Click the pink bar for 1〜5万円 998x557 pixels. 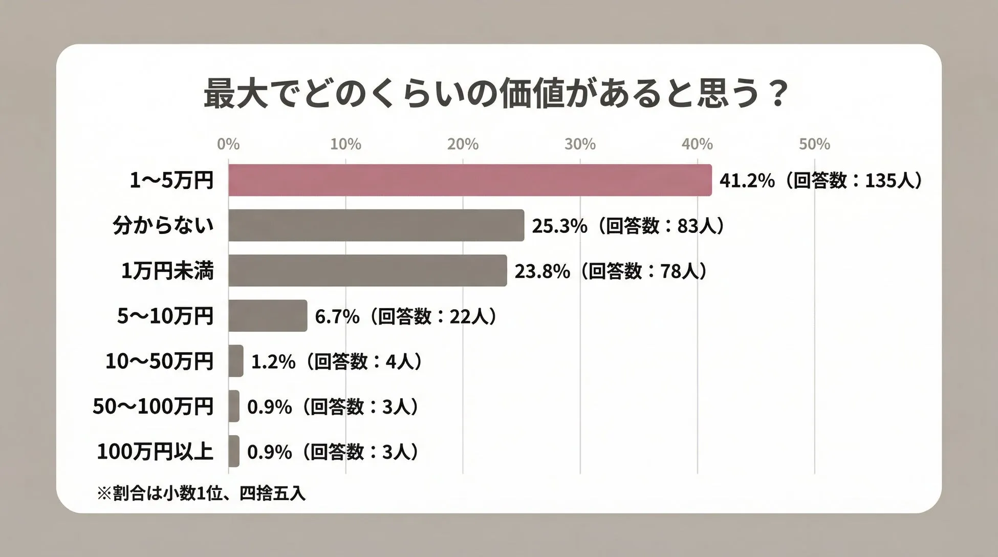(x=470, y=180)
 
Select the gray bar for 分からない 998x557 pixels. (x=376, y=225)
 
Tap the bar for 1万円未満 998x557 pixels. (x=367, y=270)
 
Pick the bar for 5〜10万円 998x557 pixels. (x=268, y=316)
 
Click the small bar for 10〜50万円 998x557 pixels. (x=236, y=361)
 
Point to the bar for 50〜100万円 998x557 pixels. (x=234, y=406)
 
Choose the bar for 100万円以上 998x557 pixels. (x=234, y=451)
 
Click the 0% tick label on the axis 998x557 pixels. (x=228, y=144)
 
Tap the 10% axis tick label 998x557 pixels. (x=345, y=144)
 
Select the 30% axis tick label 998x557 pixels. (x=580, y=144)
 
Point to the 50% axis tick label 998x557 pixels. (x=814, y=144)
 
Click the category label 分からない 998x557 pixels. (x=163, y=225)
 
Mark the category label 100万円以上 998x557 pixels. (x=155, y=452)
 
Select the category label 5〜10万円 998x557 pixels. (x=165, y=316)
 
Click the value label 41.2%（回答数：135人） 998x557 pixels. (x=821, y=181)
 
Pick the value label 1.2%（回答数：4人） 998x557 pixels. (x=337, y=361)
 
